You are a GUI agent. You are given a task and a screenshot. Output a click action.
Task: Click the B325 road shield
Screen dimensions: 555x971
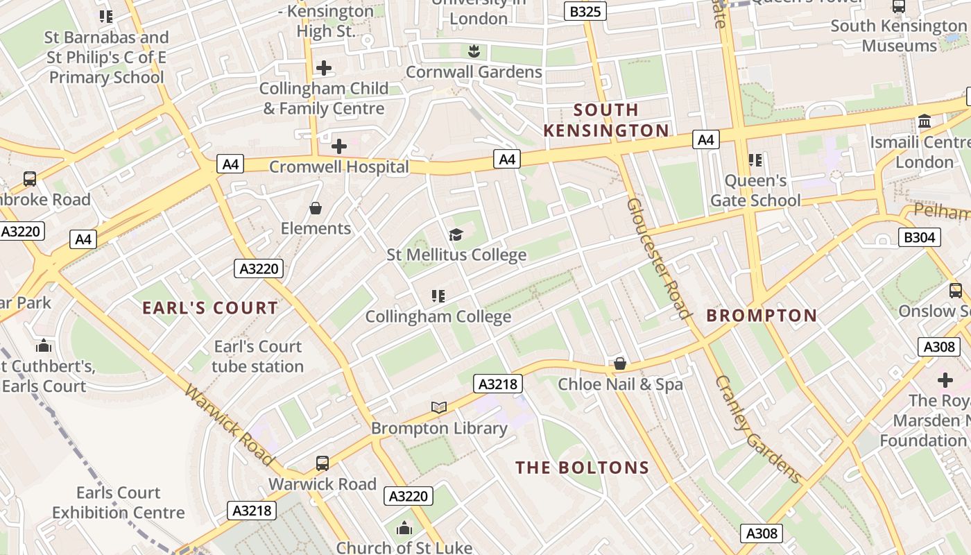(585, 11)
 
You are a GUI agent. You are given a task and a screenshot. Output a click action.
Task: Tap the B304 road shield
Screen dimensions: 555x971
(920, 237)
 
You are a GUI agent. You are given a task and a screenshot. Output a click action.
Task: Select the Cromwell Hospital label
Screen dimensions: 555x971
(339, 166)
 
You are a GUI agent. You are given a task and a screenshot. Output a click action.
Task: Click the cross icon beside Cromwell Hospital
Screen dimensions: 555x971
(339, 146)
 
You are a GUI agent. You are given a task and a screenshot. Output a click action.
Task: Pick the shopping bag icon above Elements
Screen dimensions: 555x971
(316, 208)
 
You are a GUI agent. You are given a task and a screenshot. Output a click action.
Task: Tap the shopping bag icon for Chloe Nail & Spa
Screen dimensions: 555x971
(620, 364)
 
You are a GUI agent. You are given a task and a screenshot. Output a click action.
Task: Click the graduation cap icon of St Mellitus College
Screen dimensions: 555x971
(456, 234)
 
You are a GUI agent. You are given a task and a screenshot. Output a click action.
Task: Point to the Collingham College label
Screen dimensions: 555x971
(438, 316)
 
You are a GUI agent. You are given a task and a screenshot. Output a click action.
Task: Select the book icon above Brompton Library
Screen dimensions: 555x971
(438, 407)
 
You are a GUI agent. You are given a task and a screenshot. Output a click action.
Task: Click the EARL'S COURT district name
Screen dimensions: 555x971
(210, 308)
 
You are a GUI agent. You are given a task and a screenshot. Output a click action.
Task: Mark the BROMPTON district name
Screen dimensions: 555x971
(762, 316)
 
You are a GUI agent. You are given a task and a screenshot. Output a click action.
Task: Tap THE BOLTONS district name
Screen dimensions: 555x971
(583, 468)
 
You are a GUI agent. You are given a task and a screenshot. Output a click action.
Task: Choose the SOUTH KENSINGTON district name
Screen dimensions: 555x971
(606, 120)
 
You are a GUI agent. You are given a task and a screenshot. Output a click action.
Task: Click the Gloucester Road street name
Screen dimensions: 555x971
(659, 258)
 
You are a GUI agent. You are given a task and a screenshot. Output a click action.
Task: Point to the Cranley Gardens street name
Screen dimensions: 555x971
(758, 430)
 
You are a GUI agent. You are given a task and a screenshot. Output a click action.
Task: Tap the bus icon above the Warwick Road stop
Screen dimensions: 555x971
(323, 463)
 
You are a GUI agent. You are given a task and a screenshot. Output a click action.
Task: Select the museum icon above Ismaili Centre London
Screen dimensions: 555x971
(924, 122)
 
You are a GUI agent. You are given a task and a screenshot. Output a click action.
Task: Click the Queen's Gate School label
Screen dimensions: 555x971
(755, 191)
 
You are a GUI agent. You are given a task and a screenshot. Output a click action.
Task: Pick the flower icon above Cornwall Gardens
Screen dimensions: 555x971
(474, 51)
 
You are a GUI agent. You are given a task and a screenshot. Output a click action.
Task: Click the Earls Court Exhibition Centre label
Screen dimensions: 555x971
(119, 503)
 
